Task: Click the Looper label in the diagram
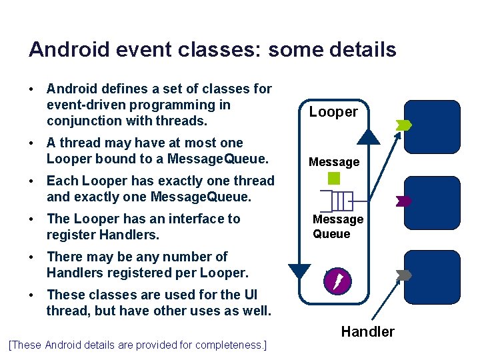(x=333, y=112)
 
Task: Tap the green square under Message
(x=335, y=179)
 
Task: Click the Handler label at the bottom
(x=367, y=331)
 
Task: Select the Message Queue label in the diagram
(x=338, y=227)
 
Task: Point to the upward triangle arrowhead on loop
(x=367, y=137)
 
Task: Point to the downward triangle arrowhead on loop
(x=299, y=271)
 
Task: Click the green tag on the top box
(x=404, y=125)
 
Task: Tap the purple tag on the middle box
(x=404, y=201)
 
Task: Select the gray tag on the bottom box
(x=404, y=275)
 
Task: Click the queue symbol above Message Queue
(x=337, y=201)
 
